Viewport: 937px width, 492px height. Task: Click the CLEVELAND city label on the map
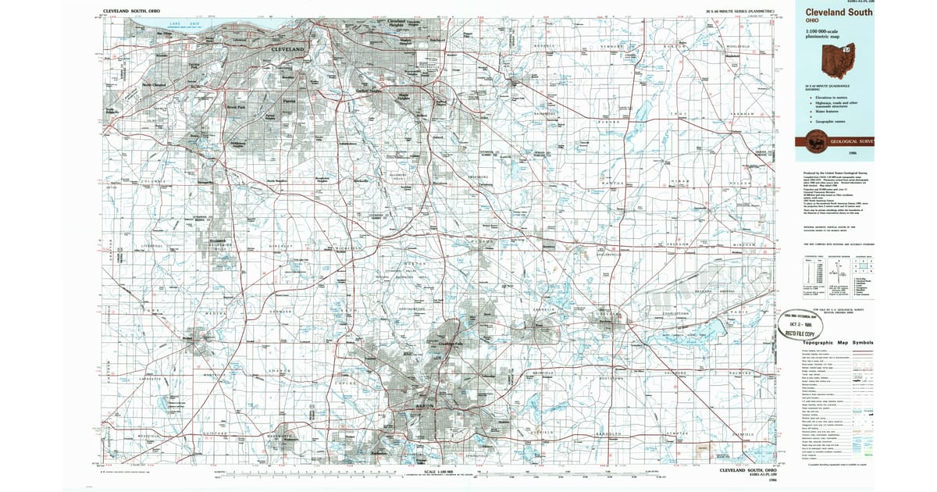(287, 49)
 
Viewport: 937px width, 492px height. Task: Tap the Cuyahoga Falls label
(449, 344)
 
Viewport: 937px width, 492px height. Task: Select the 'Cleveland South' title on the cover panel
(839, 12)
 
